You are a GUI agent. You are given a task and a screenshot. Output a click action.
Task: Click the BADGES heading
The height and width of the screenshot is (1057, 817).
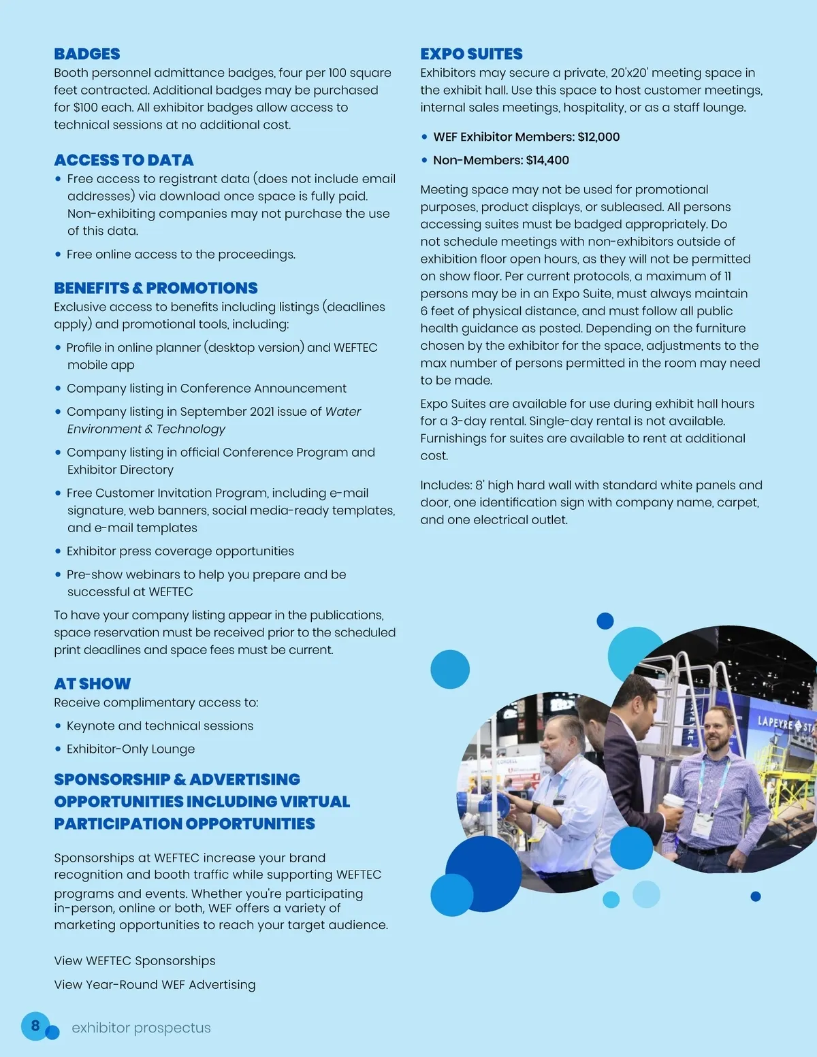tap(87, 54)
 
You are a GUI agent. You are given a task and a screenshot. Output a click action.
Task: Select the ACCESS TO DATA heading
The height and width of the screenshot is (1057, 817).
tap(124, 160)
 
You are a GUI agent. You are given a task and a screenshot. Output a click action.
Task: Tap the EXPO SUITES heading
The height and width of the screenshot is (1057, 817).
tap(471, 54)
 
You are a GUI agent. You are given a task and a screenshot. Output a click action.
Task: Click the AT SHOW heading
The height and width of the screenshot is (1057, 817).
tap(93, 683)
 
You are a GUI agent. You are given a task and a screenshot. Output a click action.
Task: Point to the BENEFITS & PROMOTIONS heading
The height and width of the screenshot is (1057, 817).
tap(156, 288)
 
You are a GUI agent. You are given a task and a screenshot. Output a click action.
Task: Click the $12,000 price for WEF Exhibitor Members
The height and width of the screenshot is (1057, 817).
tap(598, 137)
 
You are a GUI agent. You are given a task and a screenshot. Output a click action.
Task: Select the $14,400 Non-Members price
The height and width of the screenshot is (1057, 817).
tap(547, 160)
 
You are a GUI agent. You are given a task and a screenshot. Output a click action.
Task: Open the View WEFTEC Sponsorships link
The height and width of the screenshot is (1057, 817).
tap(135, 960)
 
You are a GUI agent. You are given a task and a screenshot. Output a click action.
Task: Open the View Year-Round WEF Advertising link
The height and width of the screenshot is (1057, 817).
tap(155, 984)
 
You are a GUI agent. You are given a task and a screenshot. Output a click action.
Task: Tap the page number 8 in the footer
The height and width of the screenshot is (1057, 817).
tap(35, 1024)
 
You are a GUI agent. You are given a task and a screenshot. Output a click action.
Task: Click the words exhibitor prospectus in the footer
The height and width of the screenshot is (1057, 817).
tap(142, 1028)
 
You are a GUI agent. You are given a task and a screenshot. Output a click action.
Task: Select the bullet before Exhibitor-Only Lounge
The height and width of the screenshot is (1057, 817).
tap(58, 749)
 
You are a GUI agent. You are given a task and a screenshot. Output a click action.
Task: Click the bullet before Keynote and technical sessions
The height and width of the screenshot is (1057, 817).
tap(58, 726)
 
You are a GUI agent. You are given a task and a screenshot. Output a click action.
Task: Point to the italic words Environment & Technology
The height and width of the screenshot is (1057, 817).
tap(146, 429)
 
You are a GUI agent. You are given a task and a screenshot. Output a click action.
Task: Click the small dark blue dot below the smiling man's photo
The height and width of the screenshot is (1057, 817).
tap(755, 896)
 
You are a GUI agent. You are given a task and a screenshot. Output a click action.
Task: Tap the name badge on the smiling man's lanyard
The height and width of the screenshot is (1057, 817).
tap(701, 824)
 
